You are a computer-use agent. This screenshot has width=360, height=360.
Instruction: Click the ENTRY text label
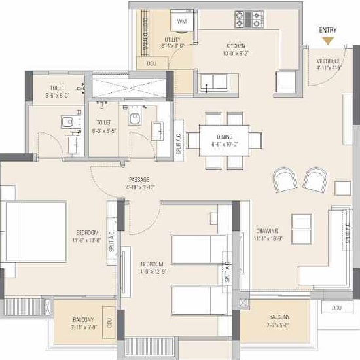click(x=329, y=30)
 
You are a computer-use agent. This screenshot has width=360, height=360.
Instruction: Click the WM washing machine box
click(x=182, y=21)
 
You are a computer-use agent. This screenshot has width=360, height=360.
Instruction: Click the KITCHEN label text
click(x=236, y=46)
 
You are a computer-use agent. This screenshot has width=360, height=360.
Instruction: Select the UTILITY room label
click(x=173, y=41)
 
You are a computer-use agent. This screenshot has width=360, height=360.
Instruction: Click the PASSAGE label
click(x=139, y=179)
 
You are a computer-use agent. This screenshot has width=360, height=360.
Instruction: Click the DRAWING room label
click(x=266, y=231)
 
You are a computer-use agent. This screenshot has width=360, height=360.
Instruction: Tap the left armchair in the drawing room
click(x=285, y=179)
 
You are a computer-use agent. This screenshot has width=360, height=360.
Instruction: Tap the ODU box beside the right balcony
click(x=336, y=308)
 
